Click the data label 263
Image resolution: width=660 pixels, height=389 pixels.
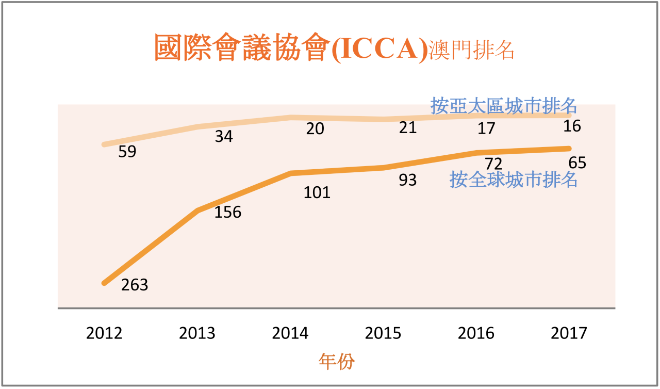click(135, 285)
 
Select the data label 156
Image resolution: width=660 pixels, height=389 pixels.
click(228, 212)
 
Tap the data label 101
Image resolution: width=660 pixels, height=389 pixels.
click(317, 193)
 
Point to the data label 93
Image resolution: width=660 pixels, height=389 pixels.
click(408, 181)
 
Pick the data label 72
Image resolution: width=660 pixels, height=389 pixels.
click(493, 165)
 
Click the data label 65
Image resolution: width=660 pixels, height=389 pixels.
click(577, 164)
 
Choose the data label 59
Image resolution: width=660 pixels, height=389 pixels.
click(127, 153)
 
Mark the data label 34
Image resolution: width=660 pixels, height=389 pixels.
click(224, 137)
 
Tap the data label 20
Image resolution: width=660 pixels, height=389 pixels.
click(315, 129)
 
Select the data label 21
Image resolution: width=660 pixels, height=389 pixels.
click(408, 127)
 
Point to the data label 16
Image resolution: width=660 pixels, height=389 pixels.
click(572, 126)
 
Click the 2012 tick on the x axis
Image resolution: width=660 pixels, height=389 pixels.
click(104, 333)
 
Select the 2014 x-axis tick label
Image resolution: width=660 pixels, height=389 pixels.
click(290, 333)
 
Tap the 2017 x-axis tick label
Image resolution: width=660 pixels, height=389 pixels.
click(569, 333)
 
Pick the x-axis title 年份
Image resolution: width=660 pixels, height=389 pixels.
click(336, 362)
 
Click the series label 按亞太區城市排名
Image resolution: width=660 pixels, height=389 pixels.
click(504, 106)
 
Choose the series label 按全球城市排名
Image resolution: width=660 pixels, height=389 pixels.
click(513, 180)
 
